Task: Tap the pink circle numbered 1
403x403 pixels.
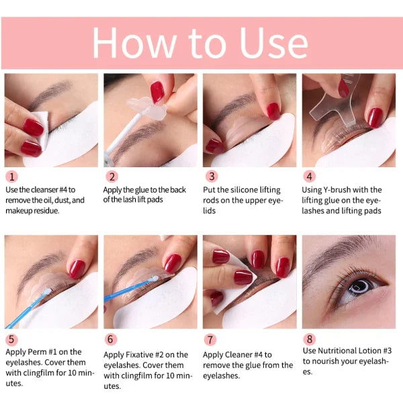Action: pos(11,177)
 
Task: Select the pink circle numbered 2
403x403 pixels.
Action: pos(111,177)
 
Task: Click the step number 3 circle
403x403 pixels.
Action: pos(212,177)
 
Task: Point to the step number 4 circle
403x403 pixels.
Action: pos(309,177)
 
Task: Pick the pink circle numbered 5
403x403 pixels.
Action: pos(11,339)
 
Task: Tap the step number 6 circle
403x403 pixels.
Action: pos(111,339)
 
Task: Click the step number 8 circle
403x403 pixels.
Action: pos(309,339)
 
